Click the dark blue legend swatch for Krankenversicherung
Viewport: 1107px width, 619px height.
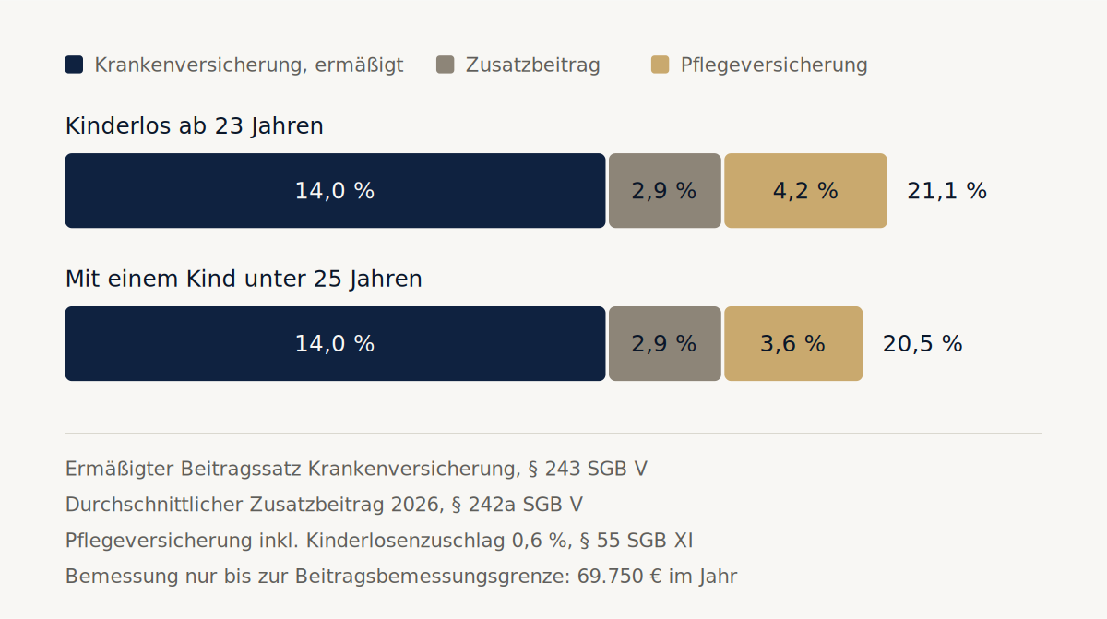pos(74,65)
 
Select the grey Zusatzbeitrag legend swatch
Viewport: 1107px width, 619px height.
pos(446,65)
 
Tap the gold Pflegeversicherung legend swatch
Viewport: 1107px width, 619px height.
pos(661,65)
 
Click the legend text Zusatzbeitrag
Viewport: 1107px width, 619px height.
pos(533,65)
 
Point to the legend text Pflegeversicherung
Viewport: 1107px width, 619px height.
pos(774,65)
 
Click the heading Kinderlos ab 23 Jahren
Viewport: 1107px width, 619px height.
pos(195,126)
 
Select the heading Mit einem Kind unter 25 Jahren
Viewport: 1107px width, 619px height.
pos(244,280)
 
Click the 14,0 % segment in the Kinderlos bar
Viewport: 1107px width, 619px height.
pos(335,191)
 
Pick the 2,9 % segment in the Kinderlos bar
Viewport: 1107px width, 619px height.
pos(665,191)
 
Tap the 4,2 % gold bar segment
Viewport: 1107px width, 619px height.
pos(805,191)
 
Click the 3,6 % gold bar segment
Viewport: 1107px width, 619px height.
pos(793,344)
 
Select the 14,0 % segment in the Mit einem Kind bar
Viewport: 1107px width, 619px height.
pos(335,344)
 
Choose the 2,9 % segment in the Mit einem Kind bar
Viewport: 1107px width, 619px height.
pos(665,344)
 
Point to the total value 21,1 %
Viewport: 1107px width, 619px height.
pos(946,191)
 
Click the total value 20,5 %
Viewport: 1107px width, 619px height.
pos(922,344)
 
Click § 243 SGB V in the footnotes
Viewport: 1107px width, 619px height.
pos(588,469)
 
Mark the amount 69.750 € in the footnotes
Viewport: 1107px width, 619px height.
pos(619,577)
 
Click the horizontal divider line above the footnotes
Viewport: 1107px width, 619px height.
pos(553,434)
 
